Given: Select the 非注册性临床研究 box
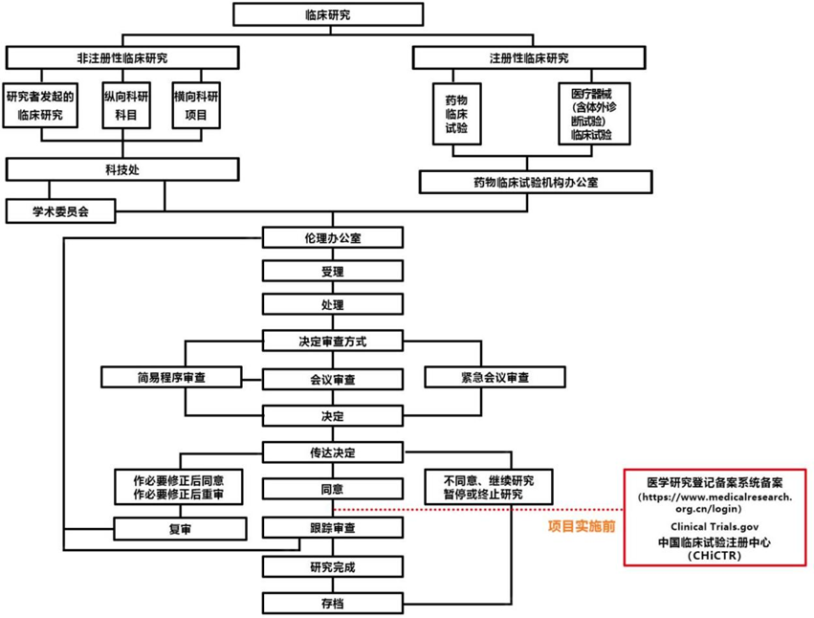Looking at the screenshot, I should point(121,58).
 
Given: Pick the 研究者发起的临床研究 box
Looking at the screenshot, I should point(40,106).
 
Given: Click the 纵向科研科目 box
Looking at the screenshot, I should point(126,106).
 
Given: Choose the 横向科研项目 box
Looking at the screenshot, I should point(196,106).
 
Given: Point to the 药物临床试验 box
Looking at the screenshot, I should point(456,113).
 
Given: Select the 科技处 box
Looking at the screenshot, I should point(121,169).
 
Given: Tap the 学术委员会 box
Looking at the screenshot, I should point(59,210).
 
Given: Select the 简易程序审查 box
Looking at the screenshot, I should point(170,377).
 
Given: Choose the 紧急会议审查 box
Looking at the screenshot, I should point(494,377).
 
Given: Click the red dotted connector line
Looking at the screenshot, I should point(478,509).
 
